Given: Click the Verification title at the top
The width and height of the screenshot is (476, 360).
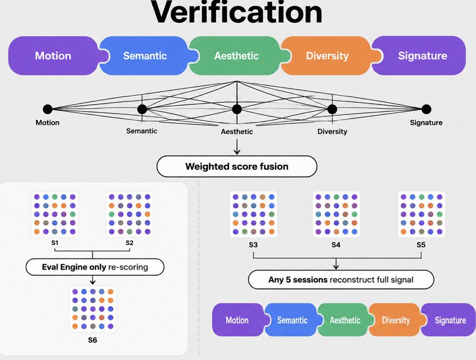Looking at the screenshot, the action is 236,13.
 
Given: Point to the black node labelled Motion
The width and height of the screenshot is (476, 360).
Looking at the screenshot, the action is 48,109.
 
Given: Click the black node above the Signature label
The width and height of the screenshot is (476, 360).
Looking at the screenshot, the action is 426,109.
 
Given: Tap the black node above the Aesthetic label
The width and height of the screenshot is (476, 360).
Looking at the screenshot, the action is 237,109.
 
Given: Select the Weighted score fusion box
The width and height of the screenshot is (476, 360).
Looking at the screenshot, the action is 237,166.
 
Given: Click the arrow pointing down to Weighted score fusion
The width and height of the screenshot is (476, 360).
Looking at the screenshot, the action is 237,147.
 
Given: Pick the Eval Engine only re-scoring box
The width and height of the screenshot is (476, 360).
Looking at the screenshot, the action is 95,267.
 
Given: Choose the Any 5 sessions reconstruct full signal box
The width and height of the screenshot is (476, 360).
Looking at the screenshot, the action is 341,280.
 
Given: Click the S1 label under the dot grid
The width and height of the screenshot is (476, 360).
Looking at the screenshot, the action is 54,243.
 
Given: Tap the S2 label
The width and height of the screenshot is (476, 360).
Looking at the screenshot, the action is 129,243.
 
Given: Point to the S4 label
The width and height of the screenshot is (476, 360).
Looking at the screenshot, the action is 336,245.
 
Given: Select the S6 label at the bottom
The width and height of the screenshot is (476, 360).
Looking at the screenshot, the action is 93,340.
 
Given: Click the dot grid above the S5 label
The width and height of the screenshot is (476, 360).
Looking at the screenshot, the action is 422,214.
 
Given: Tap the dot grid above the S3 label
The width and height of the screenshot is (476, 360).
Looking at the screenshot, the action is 254,214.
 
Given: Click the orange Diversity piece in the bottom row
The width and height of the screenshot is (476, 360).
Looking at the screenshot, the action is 396,320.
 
